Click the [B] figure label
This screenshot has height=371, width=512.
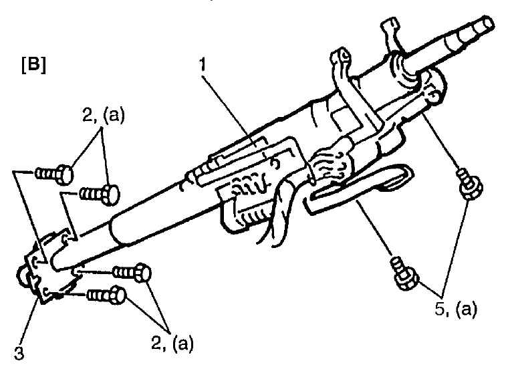[33, 66]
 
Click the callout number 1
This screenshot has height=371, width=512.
[203, 65]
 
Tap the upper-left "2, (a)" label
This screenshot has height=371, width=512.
[104, 116]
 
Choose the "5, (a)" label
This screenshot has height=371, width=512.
[456, 309]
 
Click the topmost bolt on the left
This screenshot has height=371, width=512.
[54, 174]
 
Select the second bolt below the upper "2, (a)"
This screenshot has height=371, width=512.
[100, 195]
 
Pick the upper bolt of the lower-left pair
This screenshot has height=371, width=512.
[132, 272]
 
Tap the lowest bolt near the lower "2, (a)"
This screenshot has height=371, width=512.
[106, 295]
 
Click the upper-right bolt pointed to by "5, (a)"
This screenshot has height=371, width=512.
[470, 184]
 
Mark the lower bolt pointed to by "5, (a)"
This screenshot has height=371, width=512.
[404, 273]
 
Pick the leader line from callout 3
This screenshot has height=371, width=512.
[29, 320]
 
